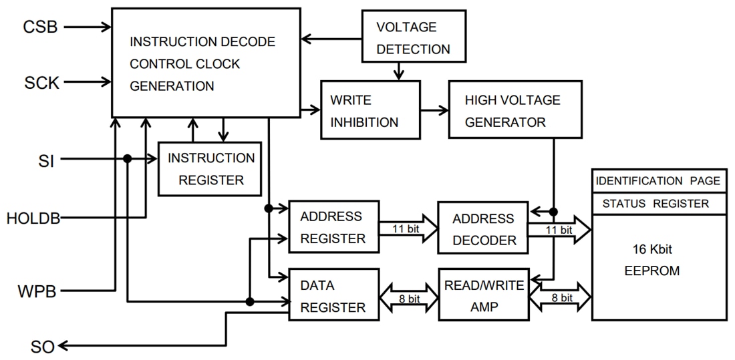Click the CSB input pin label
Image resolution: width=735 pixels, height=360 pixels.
pyautogui.click(x=40, y=27)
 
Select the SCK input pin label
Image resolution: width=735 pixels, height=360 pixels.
pyautogui.click(x=41, y=83)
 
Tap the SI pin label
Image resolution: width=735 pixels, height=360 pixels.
pyautogui.click(x=46, y=160)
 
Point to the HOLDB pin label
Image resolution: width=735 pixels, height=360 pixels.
pyautogui.click(x=33, y=218)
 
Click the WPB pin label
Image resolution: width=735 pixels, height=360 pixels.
pyautogui.click(x=36, y=291)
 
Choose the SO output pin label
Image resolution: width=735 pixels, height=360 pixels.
pyautogui.click(x=42, y=347)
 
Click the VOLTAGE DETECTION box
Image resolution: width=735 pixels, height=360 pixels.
pyautogui.click(x=413, y=38)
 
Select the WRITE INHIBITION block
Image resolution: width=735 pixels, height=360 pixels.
pyautogui.click(x=370, y=110)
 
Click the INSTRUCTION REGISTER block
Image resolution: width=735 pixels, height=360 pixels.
pyautogui.click(x=209, y=169)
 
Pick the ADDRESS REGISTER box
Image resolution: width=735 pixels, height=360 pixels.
pyautogui.click(x=333, y=227)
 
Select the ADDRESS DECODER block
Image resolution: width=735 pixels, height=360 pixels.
pyautogui.click(x=482, y=229)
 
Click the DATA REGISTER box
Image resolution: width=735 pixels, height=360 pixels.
pyautogui.click(x=333, y=296)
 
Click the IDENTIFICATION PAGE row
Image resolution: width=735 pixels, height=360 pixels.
pyautogui.click(x=658, y=181)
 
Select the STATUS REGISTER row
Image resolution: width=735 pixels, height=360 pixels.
pyautogui.click(x=658, y=204)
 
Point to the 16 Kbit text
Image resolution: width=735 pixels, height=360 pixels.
pyautogui.click(x=652, y=249)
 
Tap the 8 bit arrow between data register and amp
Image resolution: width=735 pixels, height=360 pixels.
pyautogui.click(x=408, y=299)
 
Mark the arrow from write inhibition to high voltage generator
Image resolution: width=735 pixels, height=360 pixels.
pyautogui.click(x=434, y=110)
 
